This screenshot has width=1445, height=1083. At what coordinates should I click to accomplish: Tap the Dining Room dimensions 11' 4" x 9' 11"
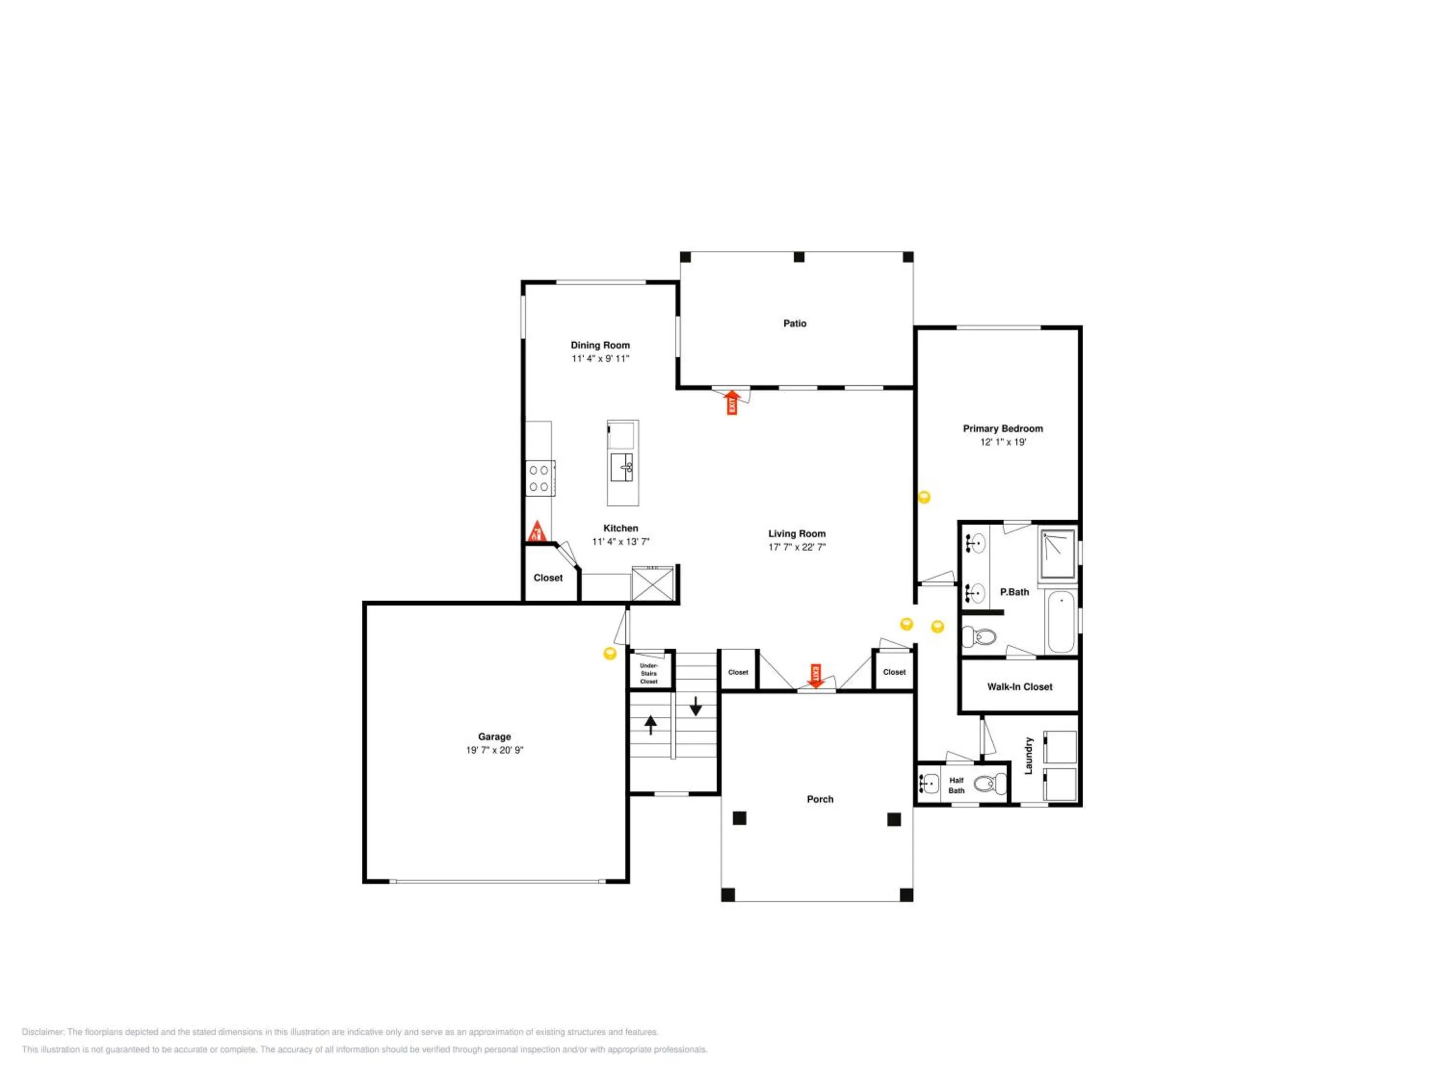pyautogui.click(x=600, y=359)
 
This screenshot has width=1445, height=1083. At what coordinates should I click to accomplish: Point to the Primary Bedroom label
pyautogui.click(x=1003, y=428)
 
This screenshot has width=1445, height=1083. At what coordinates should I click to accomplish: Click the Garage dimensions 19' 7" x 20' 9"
pyautogui.click(x=495, y=750)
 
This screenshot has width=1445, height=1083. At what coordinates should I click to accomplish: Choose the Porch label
pyautogui.click(x=820, y=799)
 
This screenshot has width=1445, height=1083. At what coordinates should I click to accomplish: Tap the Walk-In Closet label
pyautogui.click(x=1020, y=687)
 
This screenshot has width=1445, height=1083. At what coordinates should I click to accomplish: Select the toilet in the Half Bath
pyautogui.click(x=990, y=783)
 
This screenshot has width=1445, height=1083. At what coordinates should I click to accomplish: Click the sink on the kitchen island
pyautogui.click(x=622, y=467)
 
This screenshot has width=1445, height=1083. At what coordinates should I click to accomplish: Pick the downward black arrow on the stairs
pyautogui.click(x=696, y=706)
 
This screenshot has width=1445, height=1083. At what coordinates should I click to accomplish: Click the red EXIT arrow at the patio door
pyautogui.click(x=732, y=402)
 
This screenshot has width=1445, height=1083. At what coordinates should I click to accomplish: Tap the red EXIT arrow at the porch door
pyautogui.click(x=815, y=676)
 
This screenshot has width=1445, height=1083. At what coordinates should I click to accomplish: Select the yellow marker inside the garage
pyautogui.click(x=609, y=654)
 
